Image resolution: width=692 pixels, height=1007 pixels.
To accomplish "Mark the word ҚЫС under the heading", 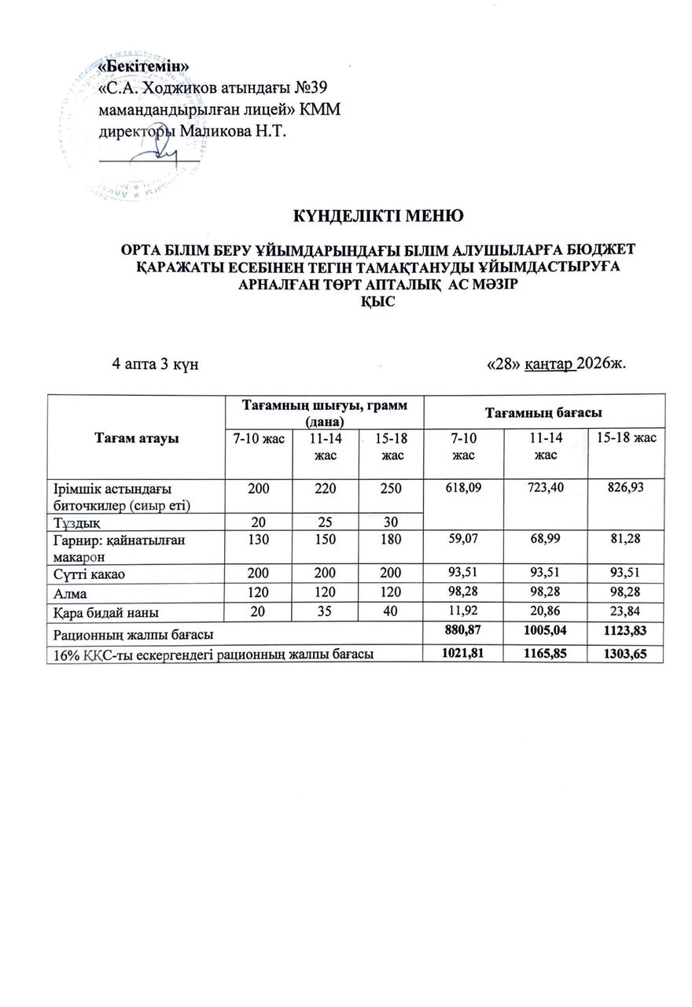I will click(x=371, y=300).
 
